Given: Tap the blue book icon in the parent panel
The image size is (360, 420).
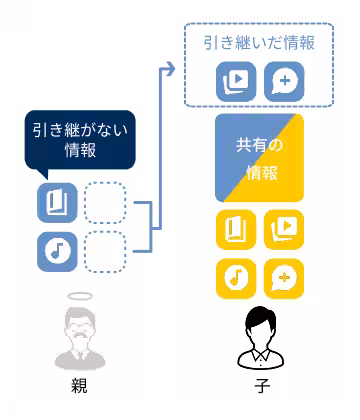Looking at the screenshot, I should point(57,203).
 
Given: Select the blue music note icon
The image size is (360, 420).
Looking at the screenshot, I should point(57,250).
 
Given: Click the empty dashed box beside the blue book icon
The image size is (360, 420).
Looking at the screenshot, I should point(104,203).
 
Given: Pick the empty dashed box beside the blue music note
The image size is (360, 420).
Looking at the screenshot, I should point(104,250).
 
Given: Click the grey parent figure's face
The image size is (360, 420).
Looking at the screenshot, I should point(80,326).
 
